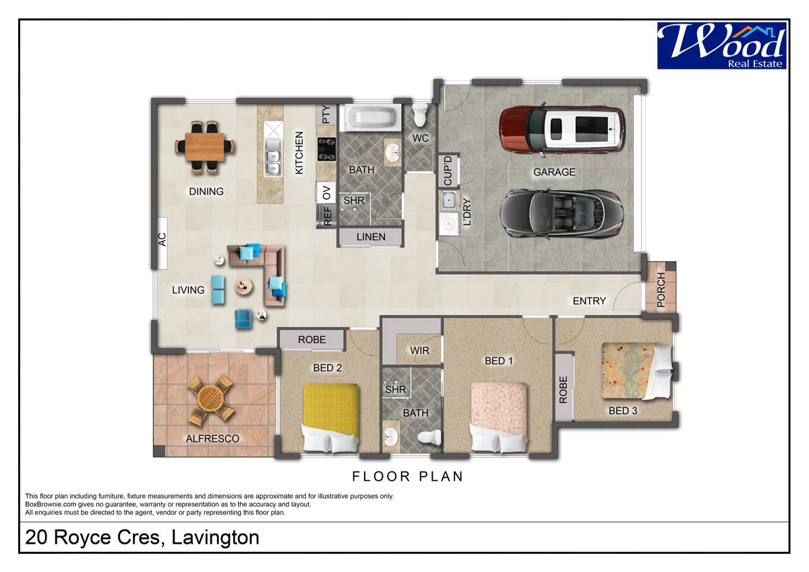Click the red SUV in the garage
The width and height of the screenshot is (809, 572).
pyautogui.click(x=562, y=130)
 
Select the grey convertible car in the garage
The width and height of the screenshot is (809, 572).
pyautogui.click(x=562, y=214)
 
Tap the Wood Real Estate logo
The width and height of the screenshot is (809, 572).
pyautogui.click(x=721, y=45)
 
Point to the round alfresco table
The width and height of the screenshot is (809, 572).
pyautogui.click(x=211, y=399)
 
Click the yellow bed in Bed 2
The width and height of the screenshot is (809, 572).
pyautogui.click(x=331, y=418)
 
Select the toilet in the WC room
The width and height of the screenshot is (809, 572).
pyautogui.click(x=419, y=115)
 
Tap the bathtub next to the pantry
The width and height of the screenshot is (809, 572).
pyautogui.click(x=372, y=117)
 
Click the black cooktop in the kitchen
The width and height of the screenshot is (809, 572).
pyautogui.click(x=326, y=149)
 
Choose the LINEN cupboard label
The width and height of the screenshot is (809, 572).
pyautogui.click(x=371, y=237)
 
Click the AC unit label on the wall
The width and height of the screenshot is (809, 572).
pyautogui.click(x=162, y=239)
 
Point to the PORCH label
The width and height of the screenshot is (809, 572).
pyautogui.click(x=661, y=289)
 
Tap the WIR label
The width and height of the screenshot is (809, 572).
pyautogui.click(x=419, y=350)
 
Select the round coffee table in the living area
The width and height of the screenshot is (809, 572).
pyautogui.click(x=244, y=287)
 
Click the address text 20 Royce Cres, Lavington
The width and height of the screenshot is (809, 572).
pyautogui.click(x=142, y=538)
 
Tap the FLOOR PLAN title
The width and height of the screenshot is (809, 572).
pyautogui.click(x=407, y=476)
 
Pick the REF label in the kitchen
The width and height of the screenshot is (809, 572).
pyautogui.click(x=327, y=216)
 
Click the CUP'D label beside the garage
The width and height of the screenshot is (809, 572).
pyautogui.click(x=448, y=171)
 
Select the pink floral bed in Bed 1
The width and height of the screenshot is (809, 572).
pyautogui.click(x=499, y=418)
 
